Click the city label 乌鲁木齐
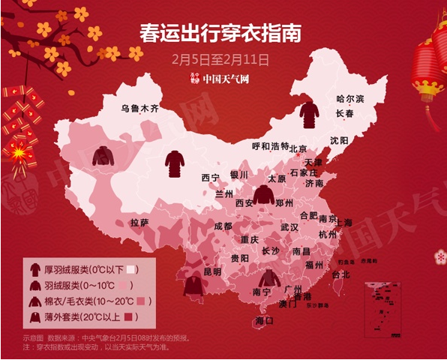click(140, 108)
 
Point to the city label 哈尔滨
click(349, 99)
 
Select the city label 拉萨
click(140, 223)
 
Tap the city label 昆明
click(212, 271)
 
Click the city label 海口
click(265, 320)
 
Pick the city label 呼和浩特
click(269, 146)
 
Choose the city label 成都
click(223, 225)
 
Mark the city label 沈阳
click(339, 140)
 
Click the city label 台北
click(340, 274)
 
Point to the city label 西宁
click(210, 178)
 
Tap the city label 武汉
click(289, 226)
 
